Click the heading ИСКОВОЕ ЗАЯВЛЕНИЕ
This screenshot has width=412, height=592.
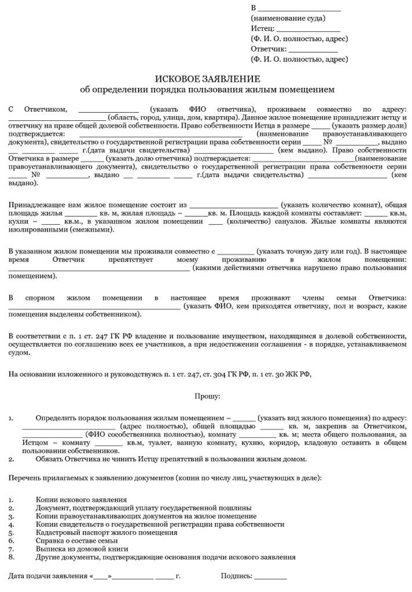coord(207,79)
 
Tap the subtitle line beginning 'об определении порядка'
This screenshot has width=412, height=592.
coord(207,90)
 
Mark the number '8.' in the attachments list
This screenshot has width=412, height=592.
coord(12,557)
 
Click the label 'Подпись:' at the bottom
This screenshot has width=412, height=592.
coord(236,576)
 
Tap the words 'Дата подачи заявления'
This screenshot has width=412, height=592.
coord(47,576)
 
